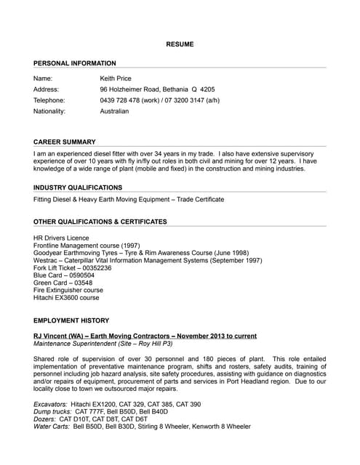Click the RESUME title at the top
[180, 44]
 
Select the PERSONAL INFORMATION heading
[74, 63]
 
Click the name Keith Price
[118, 77]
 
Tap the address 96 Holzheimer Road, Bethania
[157, 89]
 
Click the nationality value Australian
[114, 111]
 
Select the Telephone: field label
[49, 100]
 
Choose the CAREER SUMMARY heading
[65, 142]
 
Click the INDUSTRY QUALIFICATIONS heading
[78, 187]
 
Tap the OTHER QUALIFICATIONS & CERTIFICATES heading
[100, 222]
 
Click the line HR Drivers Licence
[61, 238]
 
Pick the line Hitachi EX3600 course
[66, 297]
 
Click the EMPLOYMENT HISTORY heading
[71, 320]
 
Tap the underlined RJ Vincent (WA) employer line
[145, 336]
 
